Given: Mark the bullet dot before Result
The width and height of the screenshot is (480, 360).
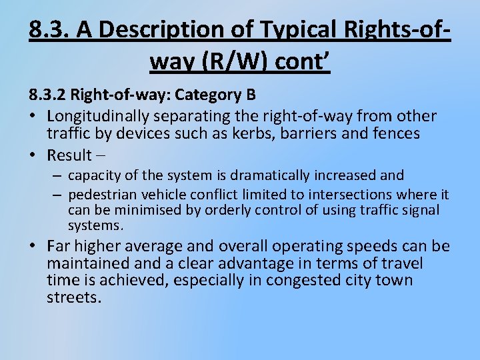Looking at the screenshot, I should [x=34, y=155].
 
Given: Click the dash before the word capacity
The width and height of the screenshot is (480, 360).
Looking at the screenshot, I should [x=59, y=175].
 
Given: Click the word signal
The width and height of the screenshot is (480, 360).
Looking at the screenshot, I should [x=420, y=210].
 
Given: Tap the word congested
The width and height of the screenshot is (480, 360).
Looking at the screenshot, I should [x=303, y=281].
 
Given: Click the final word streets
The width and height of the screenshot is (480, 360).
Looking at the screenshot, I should [x=73, y=297].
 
